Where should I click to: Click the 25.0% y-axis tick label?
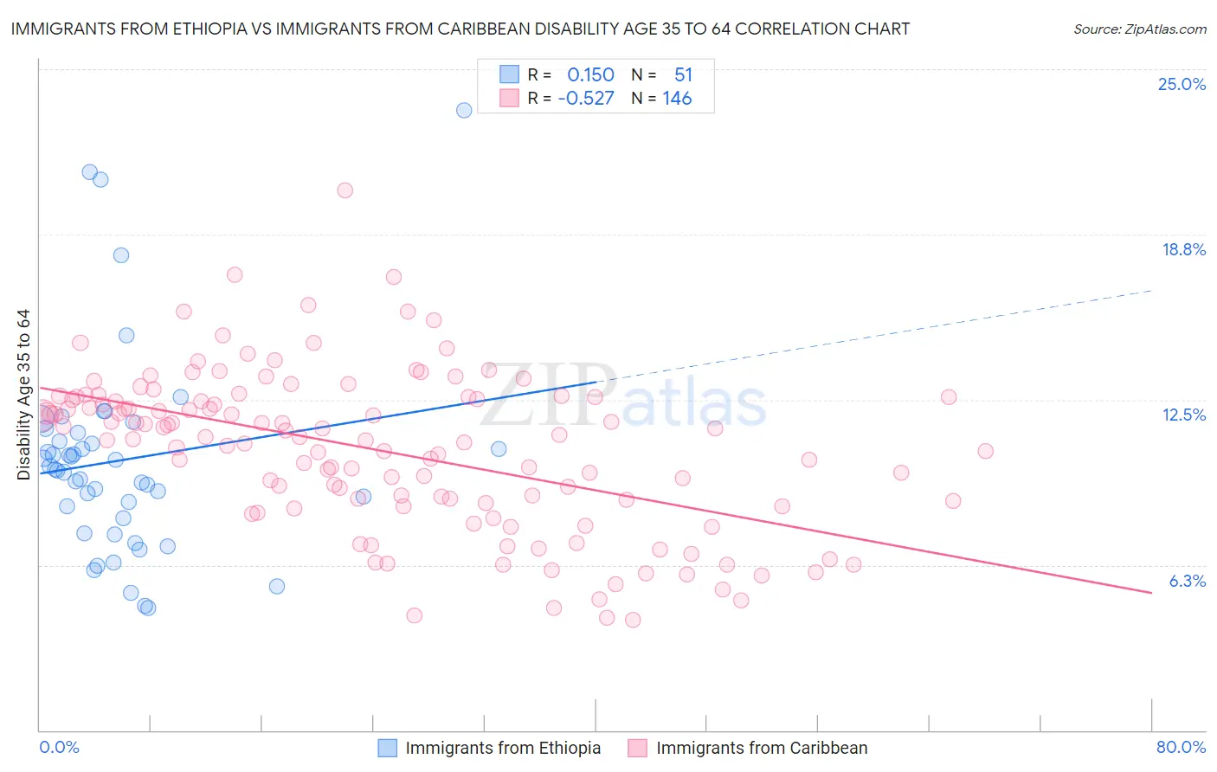1182,84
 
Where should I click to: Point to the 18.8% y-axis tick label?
1183,249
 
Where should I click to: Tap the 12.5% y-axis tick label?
1183,415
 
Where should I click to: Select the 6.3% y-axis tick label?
1187,581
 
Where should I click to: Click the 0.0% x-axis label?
59,747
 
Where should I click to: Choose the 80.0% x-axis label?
1181,747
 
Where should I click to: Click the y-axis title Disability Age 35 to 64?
23,395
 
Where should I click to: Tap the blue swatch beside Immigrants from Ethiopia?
388,748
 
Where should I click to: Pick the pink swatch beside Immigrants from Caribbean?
637,748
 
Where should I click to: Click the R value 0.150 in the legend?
590,75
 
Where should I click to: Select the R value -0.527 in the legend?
586,99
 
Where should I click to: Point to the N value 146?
677,99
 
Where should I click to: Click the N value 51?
683,75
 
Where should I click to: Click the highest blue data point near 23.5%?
464,110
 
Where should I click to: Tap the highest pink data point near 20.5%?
344,190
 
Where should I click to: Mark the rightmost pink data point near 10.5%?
985,451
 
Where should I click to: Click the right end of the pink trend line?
1151,592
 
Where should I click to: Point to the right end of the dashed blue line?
1151,291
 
